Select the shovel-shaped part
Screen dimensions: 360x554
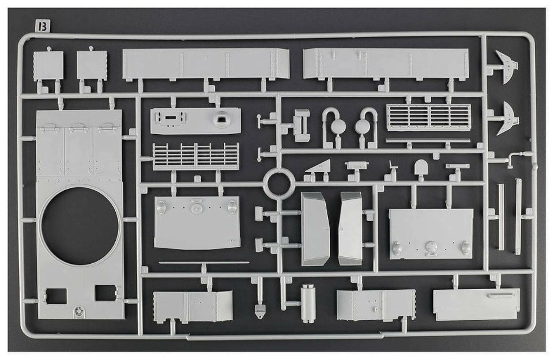[420, 168]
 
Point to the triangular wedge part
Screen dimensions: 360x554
[318, 168]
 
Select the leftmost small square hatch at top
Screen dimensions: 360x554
[48, 65]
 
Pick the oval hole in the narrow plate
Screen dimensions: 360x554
[220, 120]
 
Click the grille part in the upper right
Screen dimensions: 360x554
[428, 117]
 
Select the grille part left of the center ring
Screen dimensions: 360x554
[196, 156]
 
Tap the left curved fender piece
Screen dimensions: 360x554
[315, 229]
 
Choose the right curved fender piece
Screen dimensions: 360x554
[350, 228]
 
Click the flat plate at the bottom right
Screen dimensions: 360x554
[476, 304]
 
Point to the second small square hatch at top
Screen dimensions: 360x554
[92, 65]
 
